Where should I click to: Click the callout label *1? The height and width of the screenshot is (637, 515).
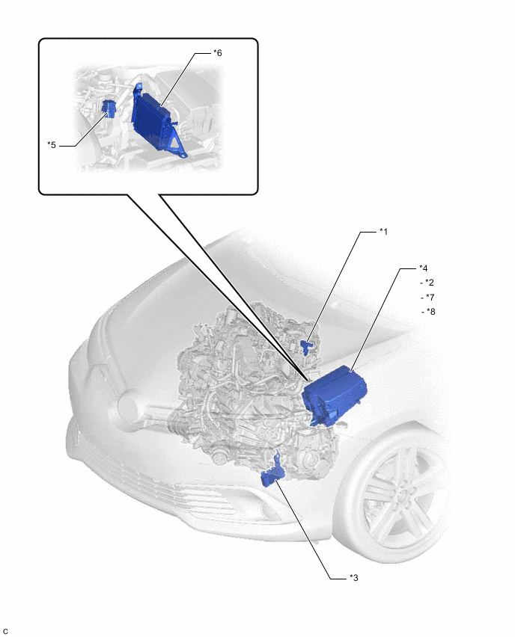(383, 232)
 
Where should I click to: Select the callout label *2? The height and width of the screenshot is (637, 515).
(430, 283)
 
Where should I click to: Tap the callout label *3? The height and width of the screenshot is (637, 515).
(354, 578)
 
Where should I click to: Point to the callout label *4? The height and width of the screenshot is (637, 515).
(424, 268)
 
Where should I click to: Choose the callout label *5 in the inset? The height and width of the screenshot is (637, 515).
(52, 144)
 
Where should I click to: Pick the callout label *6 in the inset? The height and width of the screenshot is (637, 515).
(218, 53)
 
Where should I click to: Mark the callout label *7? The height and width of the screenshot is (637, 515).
(430, 298)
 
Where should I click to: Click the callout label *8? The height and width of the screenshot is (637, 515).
(431, 312)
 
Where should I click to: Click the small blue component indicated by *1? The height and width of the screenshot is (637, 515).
(305, 347)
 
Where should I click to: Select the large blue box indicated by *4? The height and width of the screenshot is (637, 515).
(335, 393)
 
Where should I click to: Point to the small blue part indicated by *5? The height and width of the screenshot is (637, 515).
(110, 108)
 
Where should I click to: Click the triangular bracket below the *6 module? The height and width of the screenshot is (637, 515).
(176, 144)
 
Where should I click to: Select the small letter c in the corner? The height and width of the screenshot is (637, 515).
(5, 631)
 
